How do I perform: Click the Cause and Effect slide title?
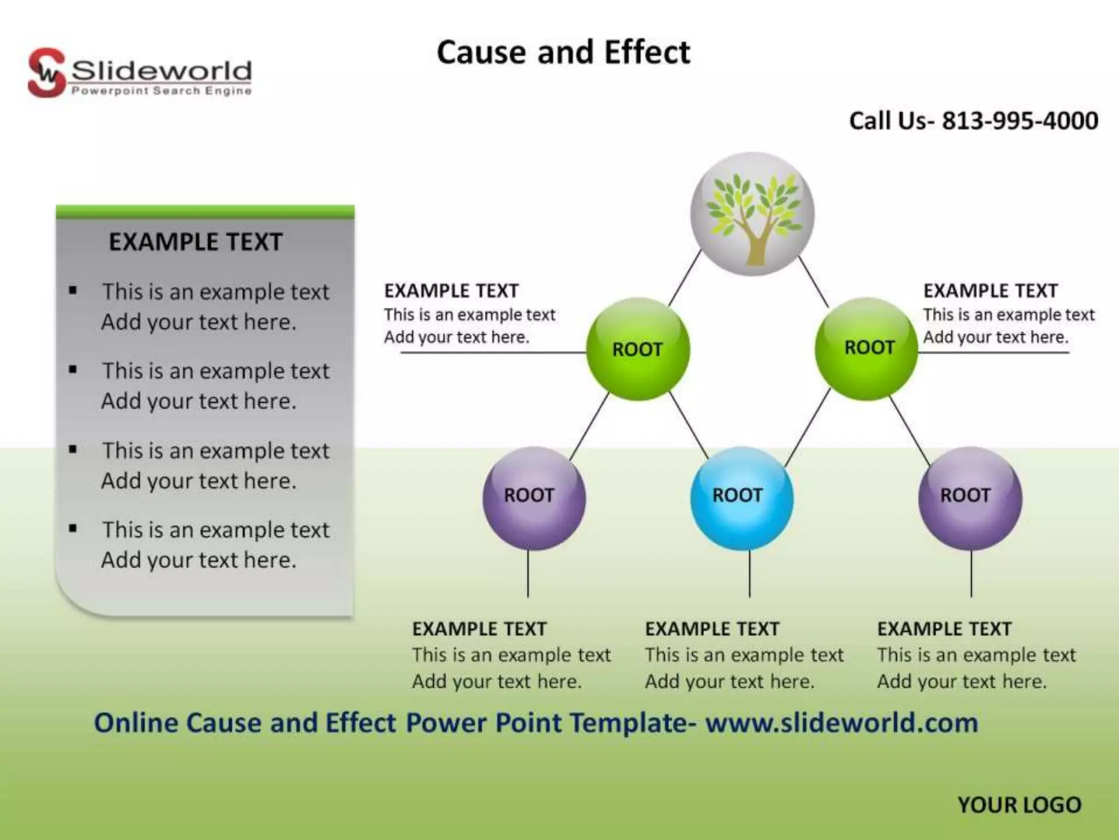[563, 53]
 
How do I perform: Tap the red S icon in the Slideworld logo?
[46, 73]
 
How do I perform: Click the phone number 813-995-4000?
[1020, 121]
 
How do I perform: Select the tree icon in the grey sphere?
[753, 216]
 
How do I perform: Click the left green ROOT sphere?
[638, 349]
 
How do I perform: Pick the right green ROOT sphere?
[867, 348]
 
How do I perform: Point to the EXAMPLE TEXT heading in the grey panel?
[196, 242]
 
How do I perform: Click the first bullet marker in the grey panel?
[73, 290]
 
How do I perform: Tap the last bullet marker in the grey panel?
[73, 528]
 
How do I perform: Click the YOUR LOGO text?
[1019, 805]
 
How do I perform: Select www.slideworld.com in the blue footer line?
[841, 723]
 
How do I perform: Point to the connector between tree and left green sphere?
[685, 278]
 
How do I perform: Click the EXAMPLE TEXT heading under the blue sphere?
[712, 629]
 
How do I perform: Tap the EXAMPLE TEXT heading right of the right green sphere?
[990, 291]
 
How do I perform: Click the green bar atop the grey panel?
[205, 212]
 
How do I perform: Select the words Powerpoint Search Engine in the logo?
[161, 91]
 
